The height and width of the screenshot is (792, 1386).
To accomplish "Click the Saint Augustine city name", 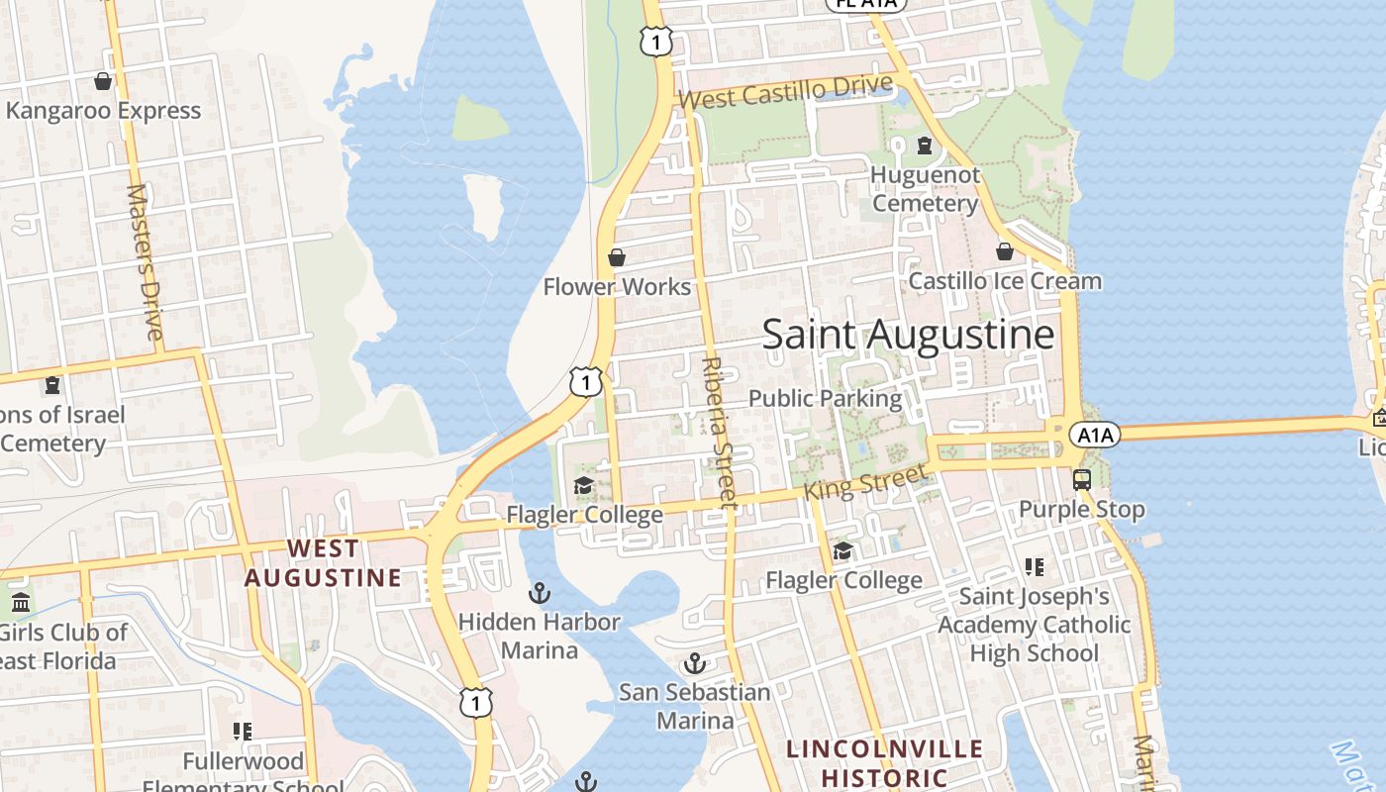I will [908, 335].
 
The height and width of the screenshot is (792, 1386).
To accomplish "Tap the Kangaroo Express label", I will [104, 110].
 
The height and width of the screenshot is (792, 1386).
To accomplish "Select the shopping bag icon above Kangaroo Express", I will [103, 81].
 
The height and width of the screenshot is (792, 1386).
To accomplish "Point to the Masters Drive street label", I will [145, 261].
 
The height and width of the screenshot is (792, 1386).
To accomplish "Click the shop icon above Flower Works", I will [617, 258].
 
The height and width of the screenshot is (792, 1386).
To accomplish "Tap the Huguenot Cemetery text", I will [925, 189].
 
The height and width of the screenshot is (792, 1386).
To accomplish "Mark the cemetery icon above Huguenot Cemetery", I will [925, 147].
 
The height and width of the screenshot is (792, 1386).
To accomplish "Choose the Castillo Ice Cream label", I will [1005, 281].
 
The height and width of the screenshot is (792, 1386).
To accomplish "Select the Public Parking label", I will [826, 398].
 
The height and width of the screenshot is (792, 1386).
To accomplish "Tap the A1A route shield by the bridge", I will [1094, 435].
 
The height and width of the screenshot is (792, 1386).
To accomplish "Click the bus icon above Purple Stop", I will [1082, 480].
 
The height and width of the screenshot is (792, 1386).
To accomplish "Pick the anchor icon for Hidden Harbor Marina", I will [540, 594].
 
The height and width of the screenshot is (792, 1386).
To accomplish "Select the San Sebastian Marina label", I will [695, 705].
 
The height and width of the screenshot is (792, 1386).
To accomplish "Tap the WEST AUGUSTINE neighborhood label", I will [323, 562].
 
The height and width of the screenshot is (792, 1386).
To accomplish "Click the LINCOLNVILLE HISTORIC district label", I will [885, 762].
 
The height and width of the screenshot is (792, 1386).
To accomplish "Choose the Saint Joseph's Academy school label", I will [1035, 625].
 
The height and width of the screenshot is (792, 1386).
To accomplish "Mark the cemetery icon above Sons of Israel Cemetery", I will [51, 384].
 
